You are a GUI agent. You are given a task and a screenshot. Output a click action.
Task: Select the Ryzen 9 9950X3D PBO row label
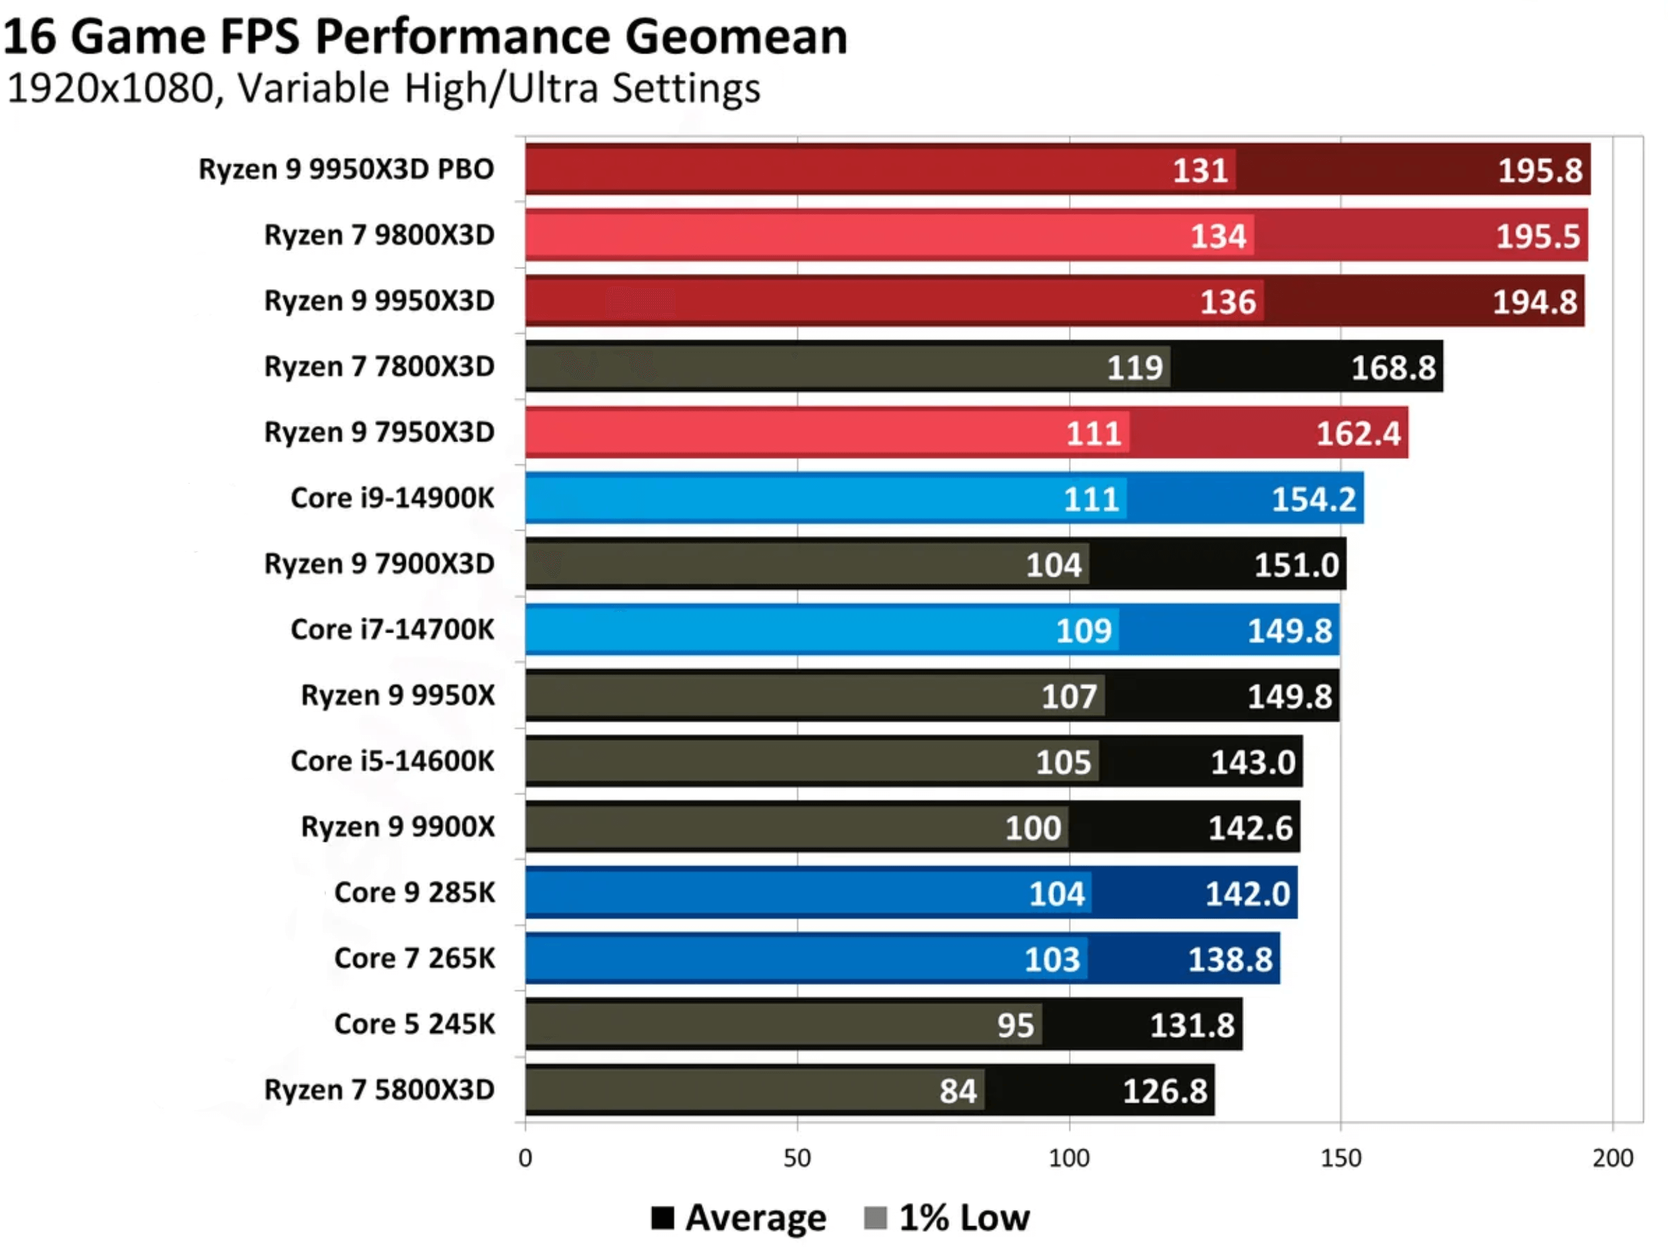coord(346,169)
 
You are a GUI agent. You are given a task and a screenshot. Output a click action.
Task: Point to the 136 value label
coord(1228,302)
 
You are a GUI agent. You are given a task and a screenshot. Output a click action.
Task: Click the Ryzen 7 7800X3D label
coord(379,366)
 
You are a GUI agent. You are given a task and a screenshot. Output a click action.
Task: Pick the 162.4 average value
coord(1358,433)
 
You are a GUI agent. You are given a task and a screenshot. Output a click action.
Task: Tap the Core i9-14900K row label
coord(392,498)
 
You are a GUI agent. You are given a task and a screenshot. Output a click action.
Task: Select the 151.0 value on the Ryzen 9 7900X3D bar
coord(1296,565)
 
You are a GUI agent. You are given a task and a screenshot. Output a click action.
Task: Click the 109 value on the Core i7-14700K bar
coord(1084,631)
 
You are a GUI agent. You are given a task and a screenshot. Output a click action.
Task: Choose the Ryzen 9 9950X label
coord(397,695)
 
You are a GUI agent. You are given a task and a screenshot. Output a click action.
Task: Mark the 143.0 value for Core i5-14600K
coord(1253,762)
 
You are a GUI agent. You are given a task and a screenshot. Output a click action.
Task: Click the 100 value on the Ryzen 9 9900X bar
coord(1033,828)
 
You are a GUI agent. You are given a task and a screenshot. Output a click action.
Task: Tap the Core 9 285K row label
coord(415,893)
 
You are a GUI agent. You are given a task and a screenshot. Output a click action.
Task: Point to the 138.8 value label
coord(1230,960)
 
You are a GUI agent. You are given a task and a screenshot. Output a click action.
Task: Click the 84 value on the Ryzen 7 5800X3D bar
coord(957,1091)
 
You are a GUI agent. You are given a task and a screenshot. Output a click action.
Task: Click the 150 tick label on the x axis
coord(1341,1158)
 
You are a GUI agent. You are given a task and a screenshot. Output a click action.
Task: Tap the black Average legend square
coord(662,1217)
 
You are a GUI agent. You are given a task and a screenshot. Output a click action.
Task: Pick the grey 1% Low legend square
coord(875,1217)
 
